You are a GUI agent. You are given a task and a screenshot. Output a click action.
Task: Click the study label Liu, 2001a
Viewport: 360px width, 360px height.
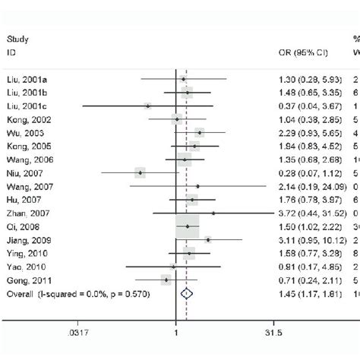coord(23,79)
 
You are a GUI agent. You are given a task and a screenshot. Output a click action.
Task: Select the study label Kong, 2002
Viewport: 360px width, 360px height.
coord(24,119)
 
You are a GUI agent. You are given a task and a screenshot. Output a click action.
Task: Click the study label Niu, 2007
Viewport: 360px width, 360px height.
coord(21,172)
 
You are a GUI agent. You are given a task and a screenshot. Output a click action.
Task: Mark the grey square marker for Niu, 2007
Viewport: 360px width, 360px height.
coord(140,172)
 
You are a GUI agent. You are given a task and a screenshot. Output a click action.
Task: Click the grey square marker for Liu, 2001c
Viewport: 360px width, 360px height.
coord(147,106)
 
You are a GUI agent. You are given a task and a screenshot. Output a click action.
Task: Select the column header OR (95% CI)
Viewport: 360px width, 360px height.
coord(301,52)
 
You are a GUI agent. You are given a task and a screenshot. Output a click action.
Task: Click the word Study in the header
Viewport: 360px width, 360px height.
coord(16,39)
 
